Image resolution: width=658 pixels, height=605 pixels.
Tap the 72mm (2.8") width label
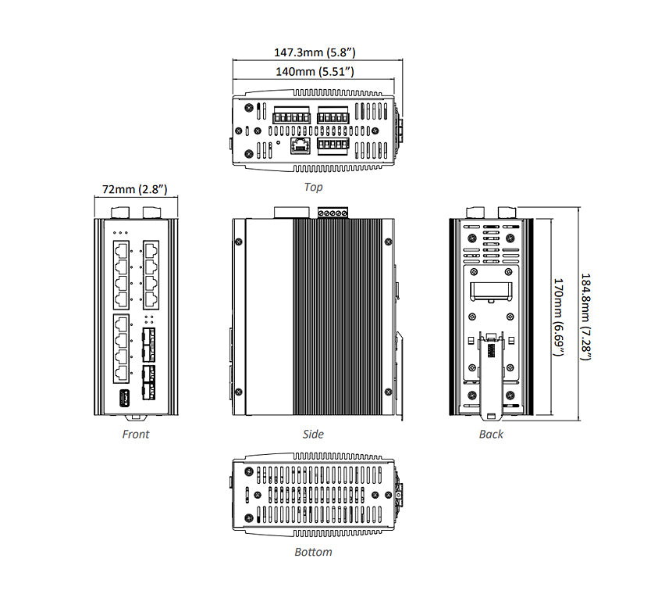click(135, 190)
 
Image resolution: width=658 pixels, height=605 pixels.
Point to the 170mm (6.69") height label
click(558, 317)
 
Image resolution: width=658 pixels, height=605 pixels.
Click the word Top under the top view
click(313, 188)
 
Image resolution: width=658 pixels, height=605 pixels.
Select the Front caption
click(135, 434)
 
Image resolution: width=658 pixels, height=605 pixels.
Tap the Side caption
click(313, 434)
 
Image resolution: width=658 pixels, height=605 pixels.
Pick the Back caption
click(491, 434)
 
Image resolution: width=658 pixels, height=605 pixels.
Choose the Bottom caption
click(313, 552)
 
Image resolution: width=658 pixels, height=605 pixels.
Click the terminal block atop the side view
click(332, 212)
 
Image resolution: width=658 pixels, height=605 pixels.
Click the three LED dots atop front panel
click(119, 232)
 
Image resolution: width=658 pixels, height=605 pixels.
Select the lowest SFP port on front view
click(148, 388)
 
